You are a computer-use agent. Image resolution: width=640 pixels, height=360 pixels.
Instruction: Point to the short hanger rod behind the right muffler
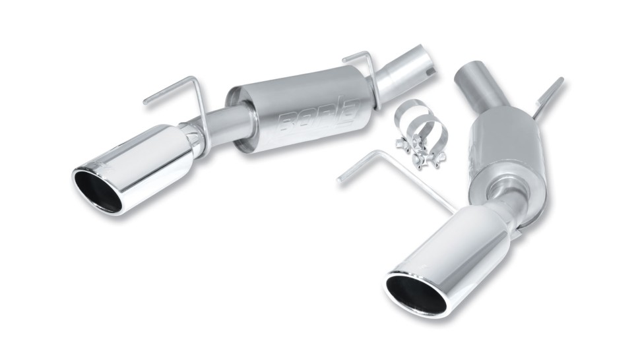point(548,96)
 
